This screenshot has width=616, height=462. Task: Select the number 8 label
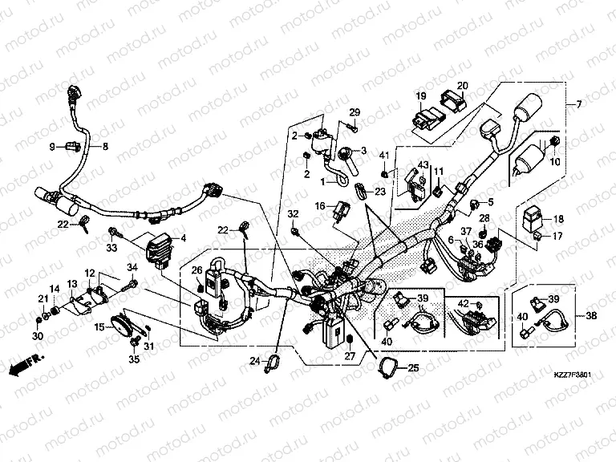click(103, 146)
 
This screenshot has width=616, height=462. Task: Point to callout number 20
click(462, 86)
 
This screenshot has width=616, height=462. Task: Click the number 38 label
click(593, 315)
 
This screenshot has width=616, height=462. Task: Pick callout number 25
click(414, 368)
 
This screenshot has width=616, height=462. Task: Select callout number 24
click(254, 360)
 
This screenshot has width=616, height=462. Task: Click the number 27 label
click(350, 356)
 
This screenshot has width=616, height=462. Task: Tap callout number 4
click(183, 238)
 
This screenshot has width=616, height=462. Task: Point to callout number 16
click(318, 206)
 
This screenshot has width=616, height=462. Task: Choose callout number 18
click(558, 218)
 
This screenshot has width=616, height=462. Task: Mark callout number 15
click(99, 327)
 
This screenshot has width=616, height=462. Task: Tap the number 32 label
click(293, 213)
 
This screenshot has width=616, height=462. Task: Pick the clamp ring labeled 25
click(389, 368)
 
